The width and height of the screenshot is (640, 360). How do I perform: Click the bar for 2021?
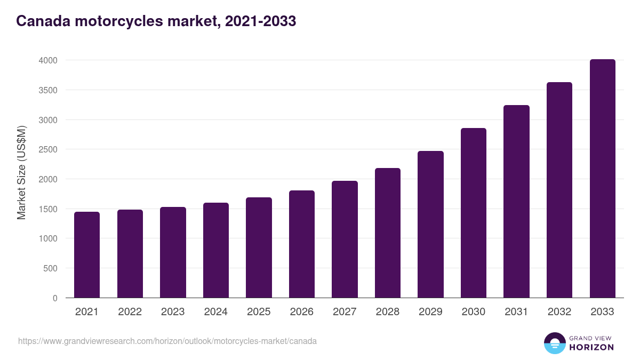87,255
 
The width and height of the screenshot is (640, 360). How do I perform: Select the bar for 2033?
602,179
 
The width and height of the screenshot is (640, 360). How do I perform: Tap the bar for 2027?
345,239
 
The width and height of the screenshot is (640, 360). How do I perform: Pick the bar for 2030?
474,213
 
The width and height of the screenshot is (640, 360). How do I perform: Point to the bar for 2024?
215,250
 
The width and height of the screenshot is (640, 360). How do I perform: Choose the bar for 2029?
430,225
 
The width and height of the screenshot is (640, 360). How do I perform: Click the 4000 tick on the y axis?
48,60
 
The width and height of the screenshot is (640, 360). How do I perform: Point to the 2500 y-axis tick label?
48,150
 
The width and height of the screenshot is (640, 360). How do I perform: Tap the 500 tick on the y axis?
51,269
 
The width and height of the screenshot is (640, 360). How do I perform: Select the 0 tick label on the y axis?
55,298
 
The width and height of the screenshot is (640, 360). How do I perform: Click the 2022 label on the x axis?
130,312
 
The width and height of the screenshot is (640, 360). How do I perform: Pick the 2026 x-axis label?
301,312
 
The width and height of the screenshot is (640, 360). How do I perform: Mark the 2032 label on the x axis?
559,312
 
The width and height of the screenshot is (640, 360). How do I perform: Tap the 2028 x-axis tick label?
387,312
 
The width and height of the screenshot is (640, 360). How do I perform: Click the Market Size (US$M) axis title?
21,172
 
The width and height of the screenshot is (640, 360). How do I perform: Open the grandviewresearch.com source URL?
167,341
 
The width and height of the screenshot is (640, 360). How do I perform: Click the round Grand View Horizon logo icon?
554,343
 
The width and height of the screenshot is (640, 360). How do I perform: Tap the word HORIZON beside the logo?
591,347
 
